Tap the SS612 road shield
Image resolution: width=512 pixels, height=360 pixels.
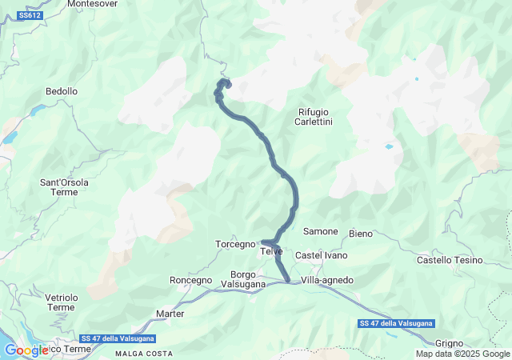30,15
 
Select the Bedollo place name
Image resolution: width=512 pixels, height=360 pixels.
62,92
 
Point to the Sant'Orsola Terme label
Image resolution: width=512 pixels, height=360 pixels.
64,187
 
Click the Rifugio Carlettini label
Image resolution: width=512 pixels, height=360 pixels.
314,117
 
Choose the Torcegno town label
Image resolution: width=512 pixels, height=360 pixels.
234,243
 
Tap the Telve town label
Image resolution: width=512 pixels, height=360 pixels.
272,252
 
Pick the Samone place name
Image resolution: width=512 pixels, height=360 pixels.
320,231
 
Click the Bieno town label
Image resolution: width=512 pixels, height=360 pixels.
361,234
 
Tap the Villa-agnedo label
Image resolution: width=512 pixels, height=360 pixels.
327,280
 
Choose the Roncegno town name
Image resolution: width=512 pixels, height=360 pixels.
191,280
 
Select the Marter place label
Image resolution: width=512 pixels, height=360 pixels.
170,314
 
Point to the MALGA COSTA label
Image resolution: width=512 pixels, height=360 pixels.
143,353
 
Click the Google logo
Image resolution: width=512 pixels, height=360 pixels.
26,350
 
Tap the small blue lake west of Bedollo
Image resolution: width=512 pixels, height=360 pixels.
38,111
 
